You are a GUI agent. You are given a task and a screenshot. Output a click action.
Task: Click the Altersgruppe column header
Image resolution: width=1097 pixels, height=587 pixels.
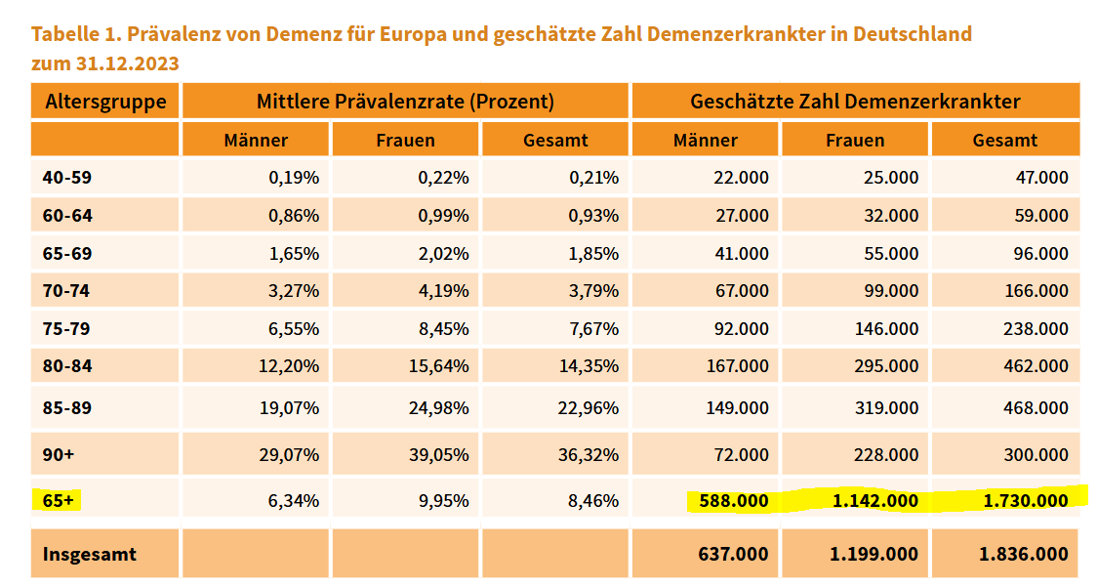(x=105, y=102)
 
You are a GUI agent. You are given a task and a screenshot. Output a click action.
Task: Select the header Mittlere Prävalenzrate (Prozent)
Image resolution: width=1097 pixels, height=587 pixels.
(x=405, y=102)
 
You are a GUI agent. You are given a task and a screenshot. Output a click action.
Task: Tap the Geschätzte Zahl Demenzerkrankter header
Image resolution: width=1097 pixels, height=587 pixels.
(x=855, y=102)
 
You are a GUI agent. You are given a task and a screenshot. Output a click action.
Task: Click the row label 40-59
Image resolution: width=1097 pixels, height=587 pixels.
(x=67, y=177)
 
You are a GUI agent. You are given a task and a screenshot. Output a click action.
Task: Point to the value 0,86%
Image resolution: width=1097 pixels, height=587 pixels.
(x=294, y=215)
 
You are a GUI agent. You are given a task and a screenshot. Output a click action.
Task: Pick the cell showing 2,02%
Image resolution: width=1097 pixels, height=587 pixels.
(x=443, y=253)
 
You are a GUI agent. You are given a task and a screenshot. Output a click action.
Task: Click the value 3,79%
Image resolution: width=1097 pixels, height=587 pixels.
(x=593, y=291)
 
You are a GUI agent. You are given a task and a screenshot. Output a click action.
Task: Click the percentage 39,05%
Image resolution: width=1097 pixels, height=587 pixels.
(x=438, y=454)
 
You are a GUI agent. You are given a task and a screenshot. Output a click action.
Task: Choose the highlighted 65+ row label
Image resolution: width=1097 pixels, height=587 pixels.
(x=58, y=500)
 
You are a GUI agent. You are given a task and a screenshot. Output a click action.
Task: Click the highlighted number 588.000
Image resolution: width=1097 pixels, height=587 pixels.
(x=733, y=501)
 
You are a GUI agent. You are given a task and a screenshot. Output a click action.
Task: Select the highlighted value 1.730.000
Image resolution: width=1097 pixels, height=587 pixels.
(x=1026, y=500)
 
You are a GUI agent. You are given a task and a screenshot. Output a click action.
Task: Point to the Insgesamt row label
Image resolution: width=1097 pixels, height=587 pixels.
(x=90, y=554)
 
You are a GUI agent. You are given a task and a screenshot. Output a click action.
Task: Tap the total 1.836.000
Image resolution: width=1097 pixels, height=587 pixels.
(x=1024, y=554)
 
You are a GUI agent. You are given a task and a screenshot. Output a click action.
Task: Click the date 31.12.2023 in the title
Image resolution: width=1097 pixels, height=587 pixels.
(x=127, y=63)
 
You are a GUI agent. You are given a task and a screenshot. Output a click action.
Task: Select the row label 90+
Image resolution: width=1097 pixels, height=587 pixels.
(x=58, y=454)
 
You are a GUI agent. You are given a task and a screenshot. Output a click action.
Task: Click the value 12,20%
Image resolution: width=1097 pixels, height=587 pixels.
(x=289, y=365)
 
